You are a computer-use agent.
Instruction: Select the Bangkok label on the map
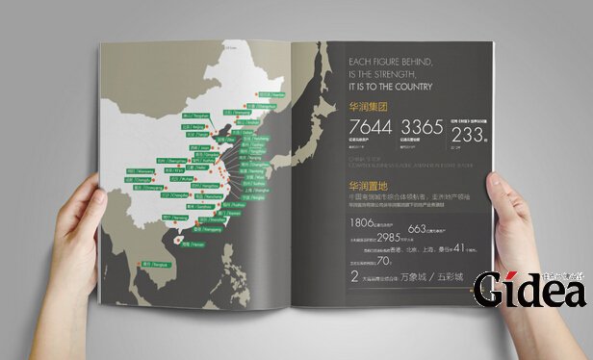click(155, 263)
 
